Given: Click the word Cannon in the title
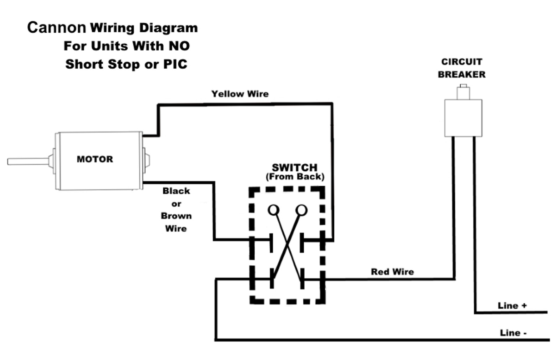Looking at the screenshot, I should tap(56, 27).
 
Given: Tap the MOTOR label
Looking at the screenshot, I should tap(95, 159).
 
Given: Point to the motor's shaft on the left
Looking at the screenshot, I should tap(27, 161).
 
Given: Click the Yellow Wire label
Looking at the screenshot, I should tap(240, 94).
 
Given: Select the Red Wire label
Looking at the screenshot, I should tap(392, 272).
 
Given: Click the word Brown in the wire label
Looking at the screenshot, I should tap(176, 216).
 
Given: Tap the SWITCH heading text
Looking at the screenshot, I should tap(294, 168).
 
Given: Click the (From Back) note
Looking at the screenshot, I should tap(295, 177).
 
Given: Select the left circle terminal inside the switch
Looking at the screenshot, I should tap(273, 210).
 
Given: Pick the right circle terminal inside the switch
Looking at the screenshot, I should tap(301, 210).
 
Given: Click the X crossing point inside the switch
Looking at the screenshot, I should tap(287, 246).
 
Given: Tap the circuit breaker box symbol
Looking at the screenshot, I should tap(463, 118).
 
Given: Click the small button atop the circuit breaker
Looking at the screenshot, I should tap(463, 92).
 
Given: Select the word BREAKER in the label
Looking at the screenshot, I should tap(462, 74).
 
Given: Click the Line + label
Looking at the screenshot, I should tap(512, 305).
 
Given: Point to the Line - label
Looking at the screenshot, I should tap(513, 333).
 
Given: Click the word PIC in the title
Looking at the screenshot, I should tap(175, 64).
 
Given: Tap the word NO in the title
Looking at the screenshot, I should tap(179, 46).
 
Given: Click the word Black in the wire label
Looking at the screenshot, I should tap(176, 191).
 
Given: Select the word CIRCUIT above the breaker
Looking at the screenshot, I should tap(462, 62).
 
